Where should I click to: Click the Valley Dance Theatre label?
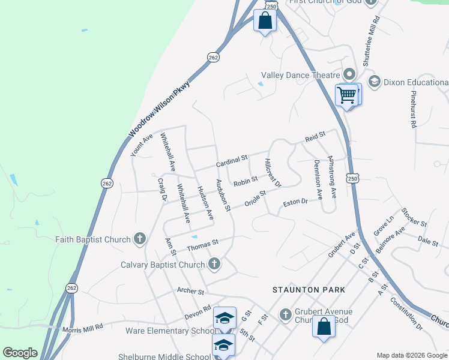(x=301, y=75)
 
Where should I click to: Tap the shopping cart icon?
(x=346, y=95)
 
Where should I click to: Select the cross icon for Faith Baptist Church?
(x=139, y=239)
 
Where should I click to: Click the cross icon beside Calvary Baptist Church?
(x=214, y=264)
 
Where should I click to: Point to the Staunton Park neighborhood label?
(x=309, y=290)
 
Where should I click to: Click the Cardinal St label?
(x=232, y=161)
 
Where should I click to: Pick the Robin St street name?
(x=246, y=180)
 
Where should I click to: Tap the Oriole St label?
(x=255, y=199)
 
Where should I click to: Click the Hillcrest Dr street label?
(x=273, y=173)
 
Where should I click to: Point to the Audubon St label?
(x=223, y=196)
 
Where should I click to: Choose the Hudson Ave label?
(x=205, y=203)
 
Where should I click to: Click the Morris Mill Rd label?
(x=84, y=326)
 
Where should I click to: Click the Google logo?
(x=20, y=353)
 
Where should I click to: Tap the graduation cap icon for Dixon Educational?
(x=374, y=81)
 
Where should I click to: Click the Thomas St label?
(x=201, y=246)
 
